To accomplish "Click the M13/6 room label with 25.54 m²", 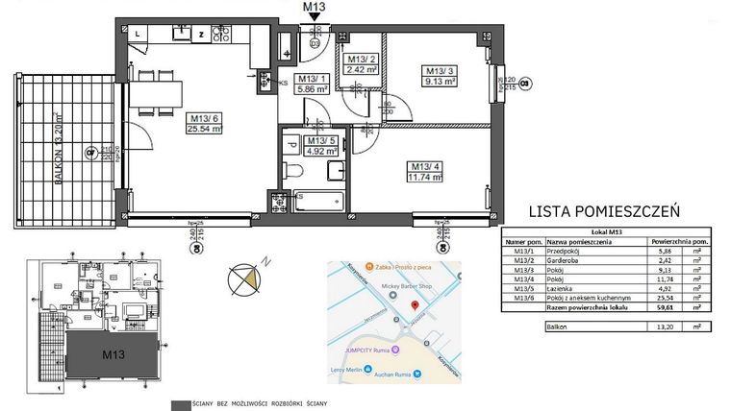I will (204, 123).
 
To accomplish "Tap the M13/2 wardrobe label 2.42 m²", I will (365, 64).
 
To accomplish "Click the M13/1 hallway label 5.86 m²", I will (314, 84).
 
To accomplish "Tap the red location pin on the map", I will (414, 305).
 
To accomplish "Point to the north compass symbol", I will (245, 278).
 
